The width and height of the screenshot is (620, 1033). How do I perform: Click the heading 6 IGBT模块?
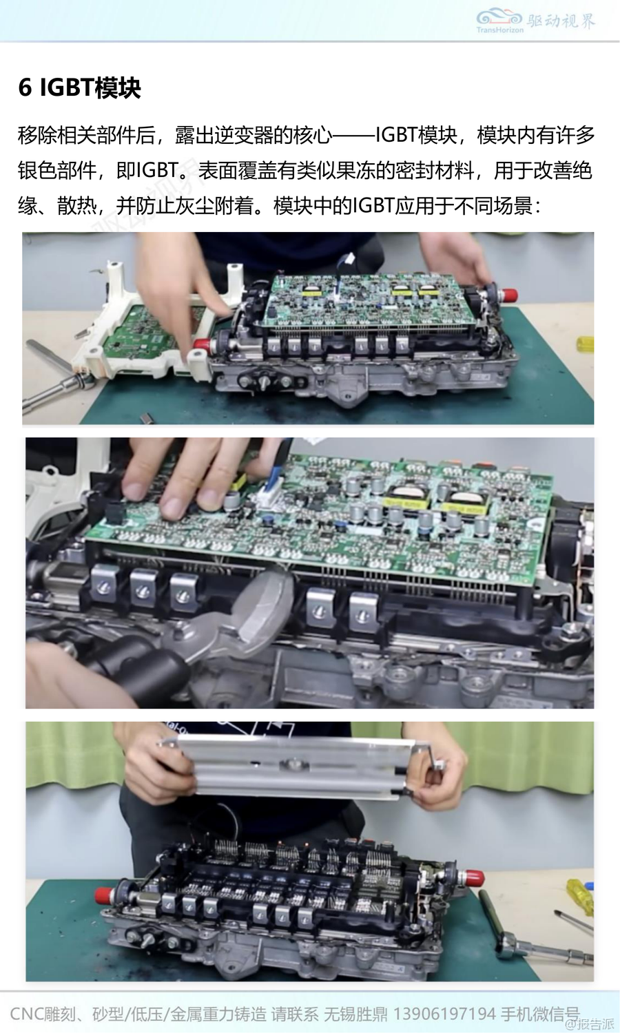tap(79, 87)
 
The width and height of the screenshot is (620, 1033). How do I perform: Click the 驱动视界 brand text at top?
tap(561, 20)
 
